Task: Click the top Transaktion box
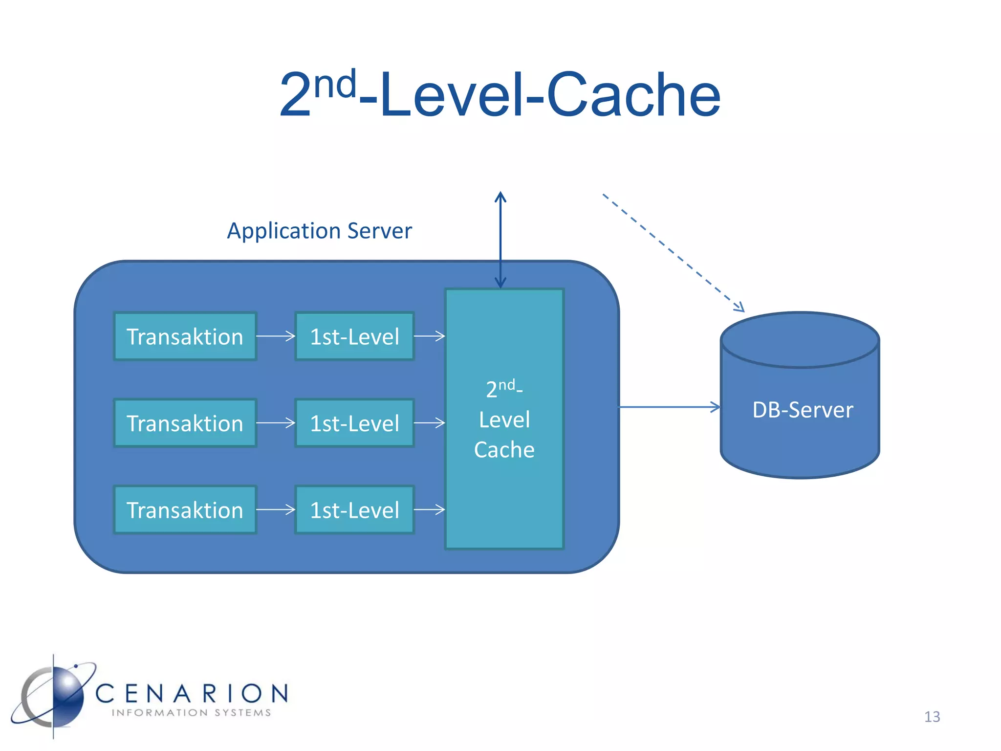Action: pyautogui.click(x=185, y=336)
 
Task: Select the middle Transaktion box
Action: pyautogui.click(x=185, y=423)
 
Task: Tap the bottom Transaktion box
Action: pyautogui.click(x=185, y=509)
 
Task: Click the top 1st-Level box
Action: pyautogui.click(x=355, y=336)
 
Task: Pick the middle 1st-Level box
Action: pyautogui.click(x=355, y=423)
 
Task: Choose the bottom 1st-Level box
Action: pyautogui.click(x=355, y=509)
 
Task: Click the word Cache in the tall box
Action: pyautogui.click(x=504, y=450)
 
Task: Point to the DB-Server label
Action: pyautogui.click(x=803, y=410)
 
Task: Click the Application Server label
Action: pyautogui.click(x=319, y=231)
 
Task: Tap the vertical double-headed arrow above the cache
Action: pyautogui.click(x=500, y=240)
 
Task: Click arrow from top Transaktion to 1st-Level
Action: pyautogui.click(x=276, y=336)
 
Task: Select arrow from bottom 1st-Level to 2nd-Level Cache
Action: pyautogui.click(x=429, y=509)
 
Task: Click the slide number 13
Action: pyautogui.click(x=932, y=717)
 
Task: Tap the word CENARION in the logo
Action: pyautogui.click(x=192, y=693)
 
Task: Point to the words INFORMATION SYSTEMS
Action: pyautogui.click(x=192, y=713)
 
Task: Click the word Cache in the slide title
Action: pyautogui.click(x=633, y=95)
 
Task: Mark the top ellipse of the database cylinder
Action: pyautogui.click(x=800, y=340)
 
